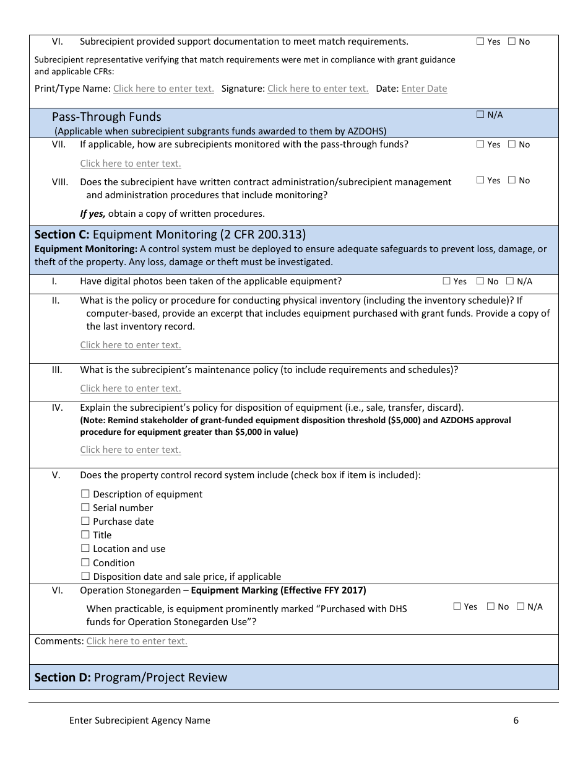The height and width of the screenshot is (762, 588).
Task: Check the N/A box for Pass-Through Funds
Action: click(480, 115)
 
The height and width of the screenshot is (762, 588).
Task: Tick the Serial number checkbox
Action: click(85, 508)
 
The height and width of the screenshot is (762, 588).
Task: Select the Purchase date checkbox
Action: click(85, 522)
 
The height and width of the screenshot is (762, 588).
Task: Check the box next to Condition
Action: click(85, 563)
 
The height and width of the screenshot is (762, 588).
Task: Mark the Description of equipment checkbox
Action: click(85, 494)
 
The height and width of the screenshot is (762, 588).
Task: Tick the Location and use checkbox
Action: click(85, 549)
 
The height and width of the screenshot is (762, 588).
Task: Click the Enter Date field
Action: click(424, 89)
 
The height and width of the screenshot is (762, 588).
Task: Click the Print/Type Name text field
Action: click(163, 89)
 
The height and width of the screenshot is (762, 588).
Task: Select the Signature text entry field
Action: click(318, 89)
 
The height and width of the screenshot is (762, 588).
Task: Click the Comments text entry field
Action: click(137, 641)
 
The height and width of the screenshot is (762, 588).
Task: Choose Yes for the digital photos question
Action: click(447, 281)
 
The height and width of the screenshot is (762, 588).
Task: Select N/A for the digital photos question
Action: click(510, 281)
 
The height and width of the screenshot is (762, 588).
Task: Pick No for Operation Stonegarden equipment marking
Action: click(491, 607)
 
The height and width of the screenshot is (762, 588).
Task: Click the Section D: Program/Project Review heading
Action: click(131, 678)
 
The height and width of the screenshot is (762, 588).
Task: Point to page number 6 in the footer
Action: click(516, 720)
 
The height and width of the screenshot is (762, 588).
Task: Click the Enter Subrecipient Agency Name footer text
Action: click(140, 720)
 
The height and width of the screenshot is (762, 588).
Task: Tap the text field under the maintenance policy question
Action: click(131, 388)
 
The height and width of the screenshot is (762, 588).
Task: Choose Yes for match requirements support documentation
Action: click(480, 42)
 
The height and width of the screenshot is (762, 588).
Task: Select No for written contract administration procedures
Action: click(512, 181)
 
